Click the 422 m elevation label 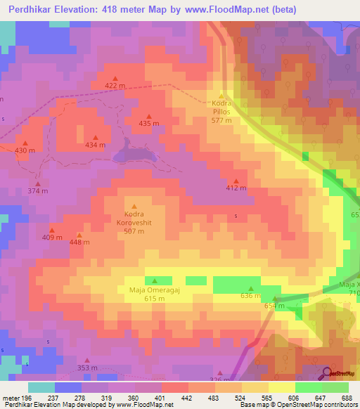point(115,86)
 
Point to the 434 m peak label point(95,145)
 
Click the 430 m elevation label point(25,150)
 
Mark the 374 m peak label point(37,191)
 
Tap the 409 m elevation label point(51,238)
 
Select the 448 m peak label point(79,242)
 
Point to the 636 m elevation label point(250,296)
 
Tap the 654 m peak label point(274,306)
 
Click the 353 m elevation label point(87,368)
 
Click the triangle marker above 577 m point(221,96)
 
